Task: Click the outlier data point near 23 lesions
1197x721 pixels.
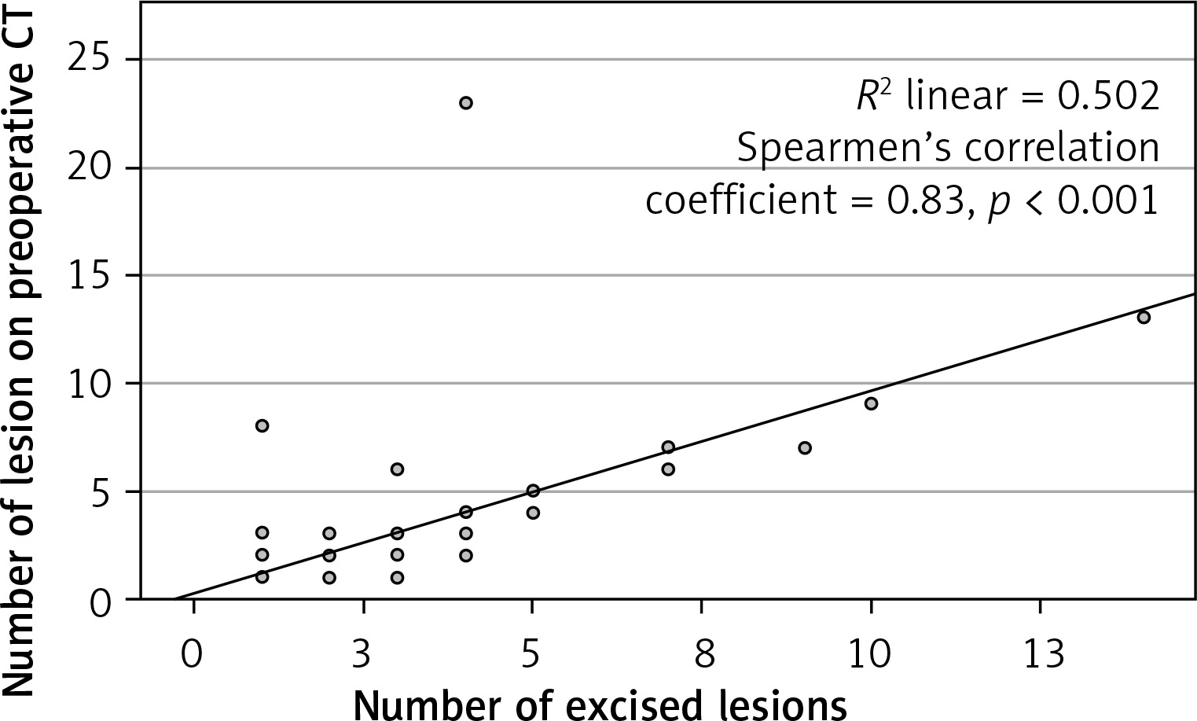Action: [x=465, y=103]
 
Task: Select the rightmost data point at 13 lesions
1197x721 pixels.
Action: [x=1144, y=317]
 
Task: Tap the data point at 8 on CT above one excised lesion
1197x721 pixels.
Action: [x=263, y=425]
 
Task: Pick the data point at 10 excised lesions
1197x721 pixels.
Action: [x=871, y=403]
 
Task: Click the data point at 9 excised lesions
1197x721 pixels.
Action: [x=804, y=447]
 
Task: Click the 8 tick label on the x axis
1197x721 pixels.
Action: [x=701, y=653]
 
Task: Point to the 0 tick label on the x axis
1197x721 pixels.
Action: [x=191, y=653]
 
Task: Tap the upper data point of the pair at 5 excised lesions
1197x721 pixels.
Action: [x=533, y=491]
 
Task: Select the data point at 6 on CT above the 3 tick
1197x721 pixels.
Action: [x=397, y=469]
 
